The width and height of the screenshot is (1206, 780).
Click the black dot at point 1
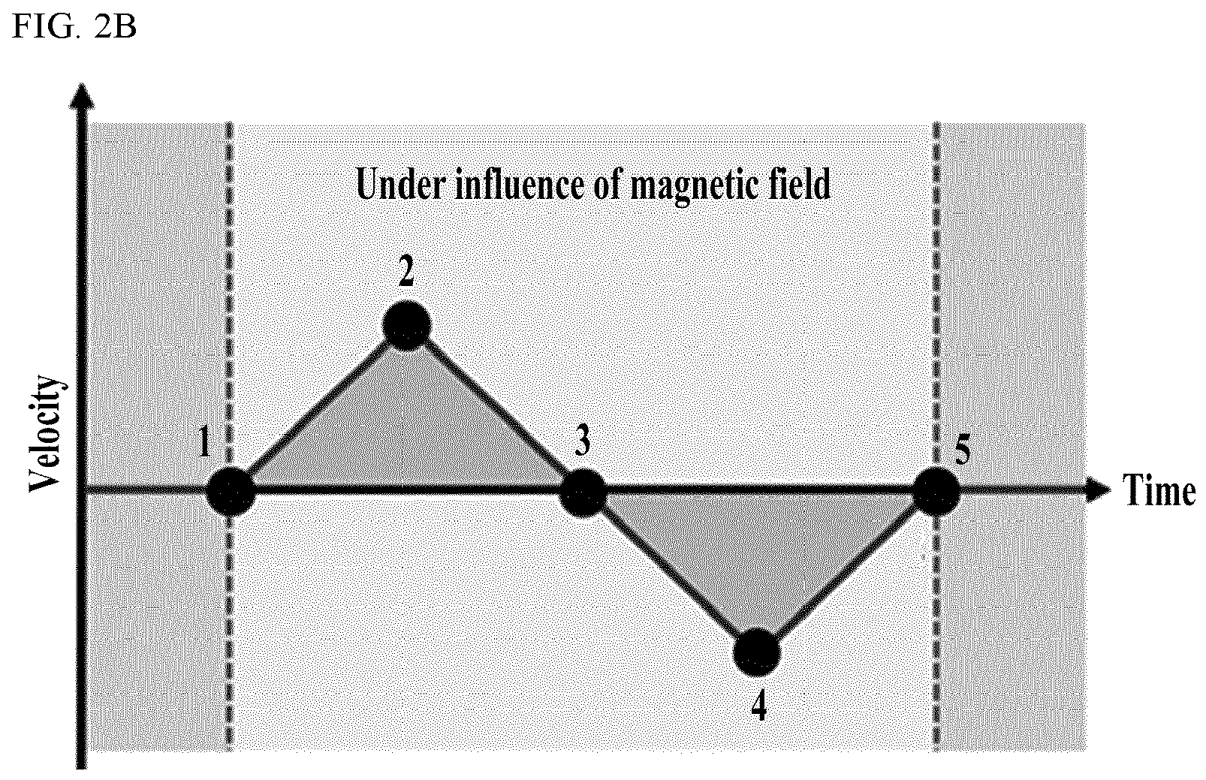(x=231, y=492)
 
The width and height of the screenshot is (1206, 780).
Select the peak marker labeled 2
(x=406, y=325)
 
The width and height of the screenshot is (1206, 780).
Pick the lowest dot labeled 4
(x=757, y=652)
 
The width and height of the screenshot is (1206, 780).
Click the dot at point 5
(x=937, y=492)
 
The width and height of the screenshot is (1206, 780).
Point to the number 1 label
(x=204, y=441)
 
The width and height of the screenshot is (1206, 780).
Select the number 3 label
(x=581, y=441)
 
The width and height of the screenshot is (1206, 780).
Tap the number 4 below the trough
(x=758, y=706)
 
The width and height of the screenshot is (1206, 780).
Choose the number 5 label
(x=963, y=449)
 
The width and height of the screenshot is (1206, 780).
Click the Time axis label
(x=1158, y=490)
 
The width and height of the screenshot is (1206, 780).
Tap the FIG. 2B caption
(x=74, y=27)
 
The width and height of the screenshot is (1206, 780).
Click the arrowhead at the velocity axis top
(x=82, y=97)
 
